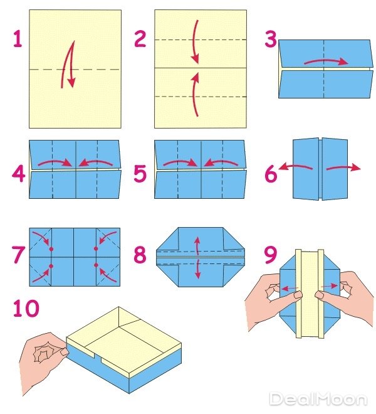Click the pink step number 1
pyautogui.click(x=18, y=39)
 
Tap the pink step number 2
pyautogui.click(x=140, y=39)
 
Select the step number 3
pyautogui.click(x=271, y=39)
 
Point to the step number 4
pyautogui.click(x=18, y=174)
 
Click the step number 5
pyautogui.click(x=140, y=174)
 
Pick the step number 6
pyautogui.click(x=271, y=174)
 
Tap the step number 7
pyautogui.click(x=19, y=255)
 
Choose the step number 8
pyautogui.click(x=140, y=255)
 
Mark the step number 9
pyautogui.click(x=271, y=255)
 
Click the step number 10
pyautogui.click(x=26, y=308)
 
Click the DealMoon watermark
pyautogui.click(x=318, y=398)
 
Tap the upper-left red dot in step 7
pyautogui.click(x=51, y=249)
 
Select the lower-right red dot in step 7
pyautogui.click(x=96, y=265)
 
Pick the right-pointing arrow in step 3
pyautogui.click(x=326, y=61)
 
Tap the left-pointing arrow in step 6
pyautogui.click(x=296, y=166)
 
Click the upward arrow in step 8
pyautogui.click(x=197, y=245)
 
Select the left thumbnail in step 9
pyautogui.click(x=298, y=294)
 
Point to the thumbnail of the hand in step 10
pyautogui.click(x=64, y=352)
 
